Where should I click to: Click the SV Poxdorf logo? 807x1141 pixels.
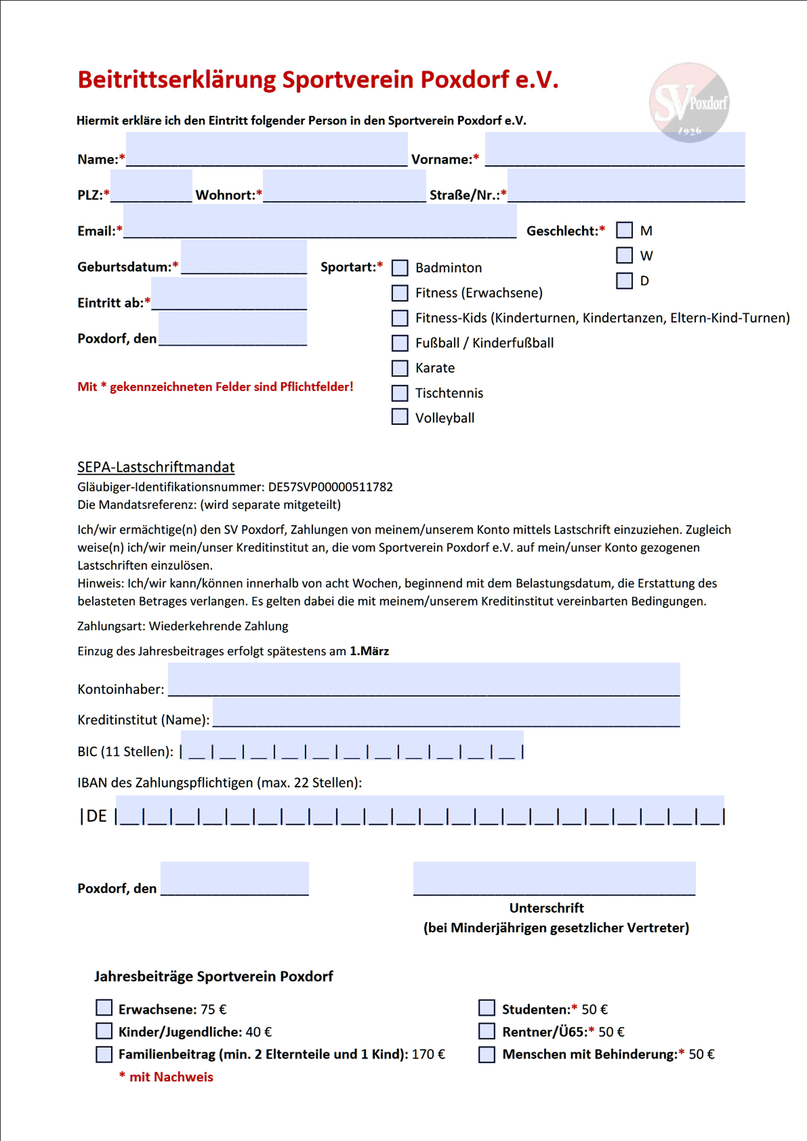click(689, 103)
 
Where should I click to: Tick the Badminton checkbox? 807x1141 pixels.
click(399, 268)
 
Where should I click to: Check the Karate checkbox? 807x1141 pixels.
click(399, 368)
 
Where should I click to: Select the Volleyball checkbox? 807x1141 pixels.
click(399, 417)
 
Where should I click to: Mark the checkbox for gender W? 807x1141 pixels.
click(624, 255)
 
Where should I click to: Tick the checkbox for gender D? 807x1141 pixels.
click(624, 281)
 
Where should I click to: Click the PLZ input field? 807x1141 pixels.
click(151, 186)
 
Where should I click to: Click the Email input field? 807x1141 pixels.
click(320, 222)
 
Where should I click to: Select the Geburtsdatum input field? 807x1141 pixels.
click(244, 258)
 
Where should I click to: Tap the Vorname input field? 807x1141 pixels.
click(614, 150)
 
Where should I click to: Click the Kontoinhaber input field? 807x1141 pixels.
click(424, 680)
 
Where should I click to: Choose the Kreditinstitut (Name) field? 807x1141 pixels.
click(446, 712)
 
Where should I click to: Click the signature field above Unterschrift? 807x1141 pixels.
click(554, 879)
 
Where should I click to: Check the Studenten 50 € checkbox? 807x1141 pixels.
click(487, 1008)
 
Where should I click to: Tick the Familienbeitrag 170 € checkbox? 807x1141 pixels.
click(104, 1054)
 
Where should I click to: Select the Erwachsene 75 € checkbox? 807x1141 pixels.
click(104, 1008)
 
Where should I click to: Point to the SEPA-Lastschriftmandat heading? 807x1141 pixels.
click(156, 467)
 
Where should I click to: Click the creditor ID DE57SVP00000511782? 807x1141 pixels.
click(330, 487)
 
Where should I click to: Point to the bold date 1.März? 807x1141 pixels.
click(369, 651)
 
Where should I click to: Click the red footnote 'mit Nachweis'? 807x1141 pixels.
click(171, 1077)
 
